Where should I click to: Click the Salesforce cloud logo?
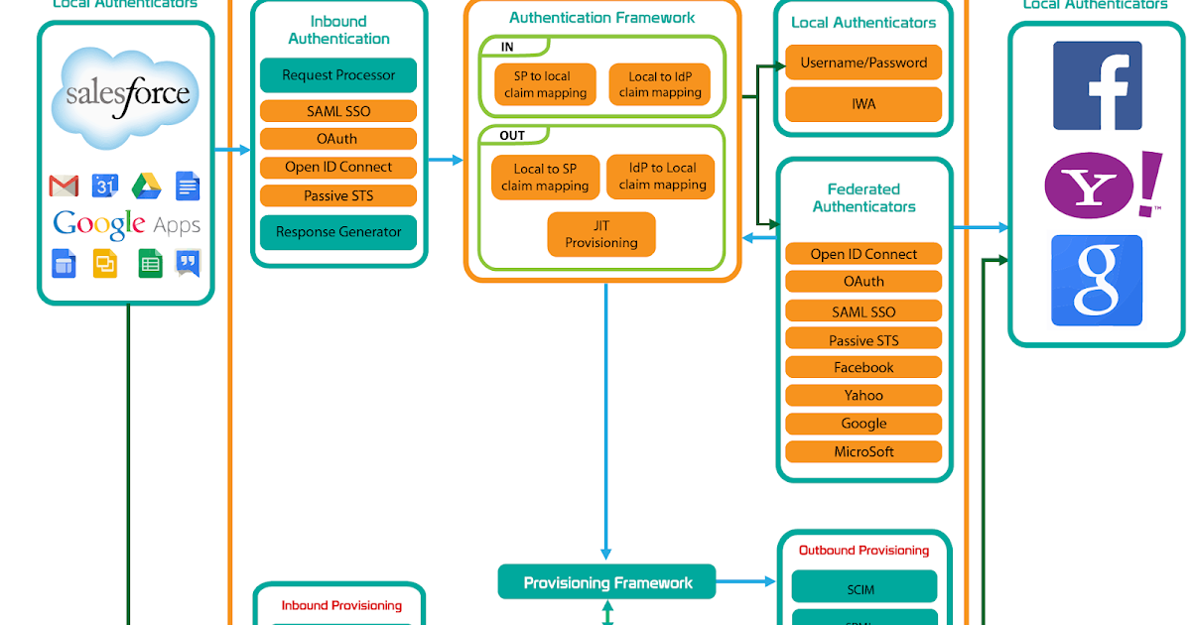126,95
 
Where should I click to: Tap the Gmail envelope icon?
64,186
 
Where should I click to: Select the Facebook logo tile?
1097,85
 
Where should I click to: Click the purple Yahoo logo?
1096,185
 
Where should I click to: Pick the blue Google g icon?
1097,281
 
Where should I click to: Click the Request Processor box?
338,75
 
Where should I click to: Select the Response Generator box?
338,232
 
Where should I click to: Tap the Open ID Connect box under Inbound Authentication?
338,167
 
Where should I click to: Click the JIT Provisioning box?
601,234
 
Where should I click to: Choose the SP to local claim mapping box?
545,84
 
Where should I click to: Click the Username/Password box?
863,62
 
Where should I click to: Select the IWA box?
863,103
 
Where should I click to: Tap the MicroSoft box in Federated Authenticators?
863,451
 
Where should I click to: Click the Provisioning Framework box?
607,582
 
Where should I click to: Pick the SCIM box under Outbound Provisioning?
863,588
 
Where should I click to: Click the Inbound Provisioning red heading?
341,605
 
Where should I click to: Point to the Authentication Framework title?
601,18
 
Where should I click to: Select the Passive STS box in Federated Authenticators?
863,340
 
